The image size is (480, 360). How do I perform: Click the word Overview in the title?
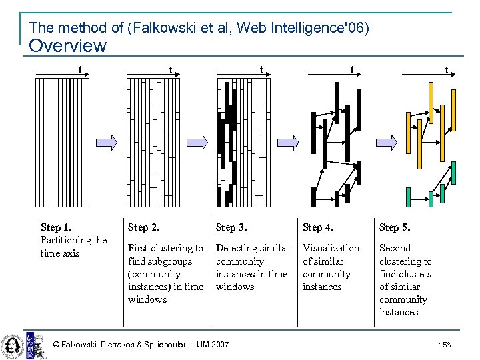tap(68, 46)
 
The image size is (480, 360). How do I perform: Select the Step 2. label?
tap(143, 227)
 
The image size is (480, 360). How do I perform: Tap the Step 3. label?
tap(231, 227)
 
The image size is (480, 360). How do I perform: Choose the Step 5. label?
tap(395, 227)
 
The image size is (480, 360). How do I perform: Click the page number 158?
tap(445, 344)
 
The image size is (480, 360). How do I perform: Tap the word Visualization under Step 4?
tap(331, 248)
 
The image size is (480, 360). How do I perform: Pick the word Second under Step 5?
tap(395, 248)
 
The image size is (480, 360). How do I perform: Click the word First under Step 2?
tap(139, 248)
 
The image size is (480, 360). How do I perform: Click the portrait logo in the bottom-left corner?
tap(13, 344)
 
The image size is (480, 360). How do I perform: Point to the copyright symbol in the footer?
tap(56, 344)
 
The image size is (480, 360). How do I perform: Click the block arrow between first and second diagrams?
tap(106, 141)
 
